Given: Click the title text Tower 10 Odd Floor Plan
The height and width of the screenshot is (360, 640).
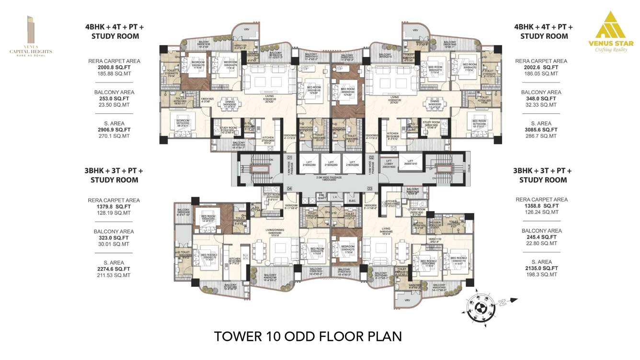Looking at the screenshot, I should [x=308, y=336].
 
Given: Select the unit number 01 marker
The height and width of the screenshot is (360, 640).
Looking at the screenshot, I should [x=289, y=157].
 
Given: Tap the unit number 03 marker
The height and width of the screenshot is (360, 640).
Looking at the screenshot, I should [x=370, y=189].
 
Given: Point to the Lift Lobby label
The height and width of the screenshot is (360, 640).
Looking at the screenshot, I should [x=389, y=163].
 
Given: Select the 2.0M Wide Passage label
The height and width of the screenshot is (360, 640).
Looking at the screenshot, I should [x=330, y=178].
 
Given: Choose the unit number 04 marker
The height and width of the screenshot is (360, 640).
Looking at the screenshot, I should [x=289, y=189].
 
